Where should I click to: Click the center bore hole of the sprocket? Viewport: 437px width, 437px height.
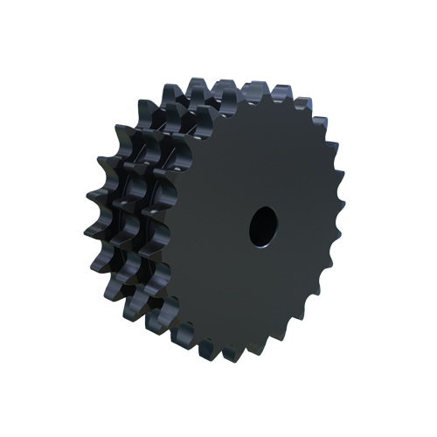(263, 226)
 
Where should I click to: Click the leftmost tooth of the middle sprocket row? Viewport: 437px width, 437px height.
(122, 210)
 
